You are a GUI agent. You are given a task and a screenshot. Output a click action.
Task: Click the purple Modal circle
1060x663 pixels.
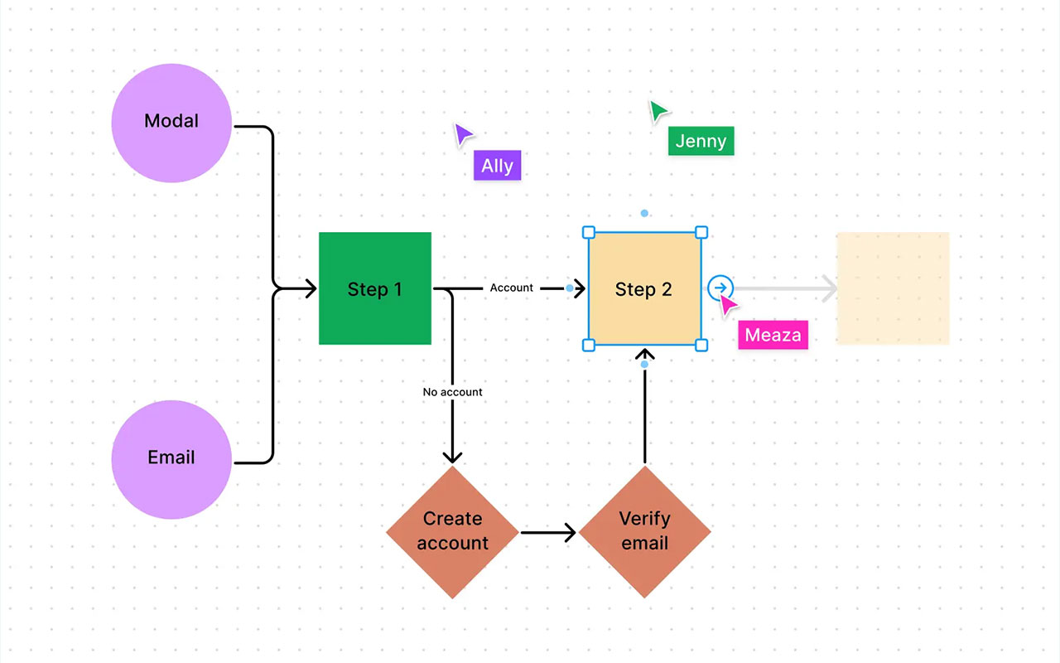click(171, 123)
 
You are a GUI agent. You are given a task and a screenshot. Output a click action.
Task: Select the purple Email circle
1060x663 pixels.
click(171, 459)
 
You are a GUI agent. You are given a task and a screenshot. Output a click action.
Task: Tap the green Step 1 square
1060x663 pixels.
click(375, 288)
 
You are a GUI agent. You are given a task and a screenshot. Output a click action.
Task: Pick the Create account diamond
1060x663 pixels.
click(452, 531)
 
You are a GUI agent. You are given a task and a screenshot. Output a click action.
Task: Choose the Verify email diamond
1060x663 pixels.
click(644, 531)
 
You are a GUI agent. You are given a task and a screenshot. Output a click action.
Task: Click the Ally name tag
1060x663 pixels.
click(497, 166)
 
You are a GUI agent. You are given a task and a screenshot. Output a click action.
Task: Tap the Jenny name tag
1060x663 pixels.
click(701, 141)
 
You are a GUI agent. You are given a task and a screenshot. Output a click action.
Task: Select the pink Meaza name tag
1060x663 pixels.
click(773, 335)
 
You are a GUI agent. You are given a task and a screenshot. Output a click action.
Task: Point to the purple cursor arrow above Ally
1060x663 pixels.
click(463, 134)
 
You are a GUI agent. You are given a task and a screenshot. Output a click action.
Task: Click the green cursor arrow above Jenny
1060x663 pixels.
click(658, 111)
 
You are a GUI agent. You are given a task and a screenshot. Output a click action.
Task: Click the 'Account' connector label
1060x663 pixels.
click(512, 288)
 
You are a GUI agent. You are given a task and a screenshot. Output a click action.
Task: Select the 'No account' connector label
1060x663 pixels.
click(452, 392)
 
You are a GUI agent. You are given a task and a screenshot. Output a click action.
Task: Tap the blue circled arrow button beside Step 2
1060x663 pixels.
click(720, 288)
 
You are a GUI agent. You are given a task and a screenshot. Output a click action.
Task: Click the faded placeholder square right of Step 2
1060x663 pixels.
click(893, 288)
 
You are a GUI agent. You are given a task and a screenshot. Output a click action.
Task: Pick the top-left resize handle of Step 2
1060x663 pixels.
click(589, 232)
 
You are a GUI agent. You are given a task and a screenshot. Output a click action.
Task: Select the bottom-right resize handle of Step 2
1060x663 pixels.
click(701, 345)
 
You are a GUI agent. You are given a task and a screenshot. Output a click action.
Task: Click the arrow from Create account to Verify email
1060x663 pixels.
click(547, 532)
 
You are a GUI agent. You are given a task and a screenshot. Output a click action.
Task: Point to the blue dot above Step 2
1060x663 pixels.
click(644, 213)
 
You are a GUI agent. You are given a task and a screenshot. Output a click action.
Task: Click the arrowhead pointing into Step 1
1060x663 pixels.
click(311, 288)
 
